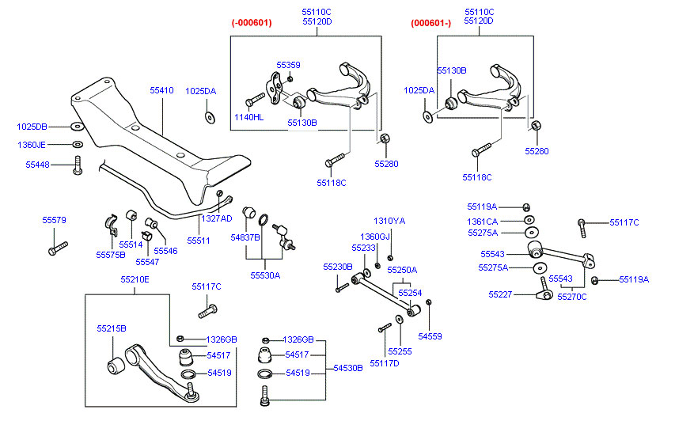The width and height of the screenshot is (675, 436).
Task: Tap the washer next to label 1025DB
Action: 77,127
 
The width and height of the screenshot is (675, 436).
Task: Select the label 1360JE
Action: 32,146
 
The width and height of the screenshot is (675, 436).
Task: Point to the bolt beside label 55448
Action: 78,166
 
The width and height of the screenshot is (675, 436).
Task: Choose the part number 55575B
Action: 111,255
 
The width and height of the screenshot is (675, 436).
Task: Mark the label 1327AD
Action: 216,218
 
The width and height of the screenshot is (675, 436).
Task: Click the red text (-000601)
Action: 252,23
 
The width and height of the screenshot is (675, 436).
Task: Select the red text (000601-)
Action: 430,23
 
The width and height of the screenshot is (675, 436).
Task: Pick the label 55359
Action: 288,65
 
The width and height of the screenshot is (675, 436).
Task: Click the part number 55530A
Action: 265,276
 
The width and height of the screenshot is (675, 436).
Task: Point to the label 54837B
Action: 245,237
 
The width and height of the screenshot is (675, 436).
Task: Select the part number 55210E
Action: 135,279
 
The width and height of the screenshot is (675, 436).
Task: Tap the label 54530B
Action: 347,368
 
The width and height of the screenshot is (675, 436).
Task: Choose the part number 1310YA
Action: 389,221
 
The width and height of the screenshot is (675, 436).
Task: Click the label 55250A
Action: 401,270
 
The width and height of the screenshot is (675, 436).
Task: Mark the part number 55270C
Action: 571,297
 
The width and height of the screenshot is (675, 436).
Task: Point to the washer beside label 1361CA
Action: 529,220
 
